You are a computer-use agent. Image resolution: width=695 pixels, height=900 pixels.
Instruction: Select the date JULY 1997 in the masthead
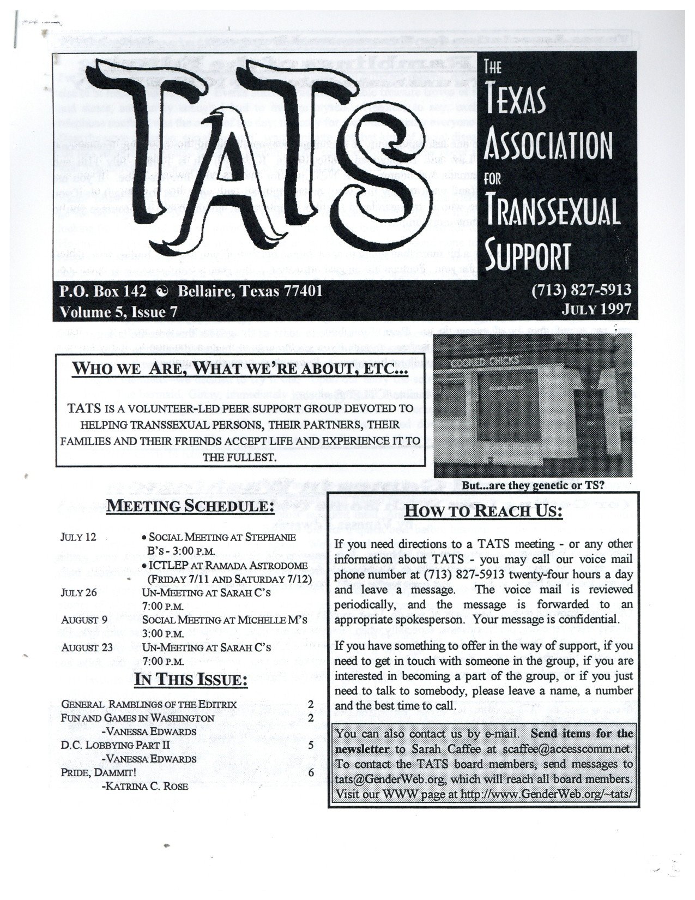coord(597,310)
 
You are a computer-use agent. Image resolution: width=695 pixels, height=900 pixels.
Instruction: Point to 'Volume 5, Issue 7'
coord(119,311)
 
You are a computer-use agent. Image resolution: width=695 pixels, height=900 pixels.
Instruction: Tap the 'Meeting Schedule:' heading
coord(190,506)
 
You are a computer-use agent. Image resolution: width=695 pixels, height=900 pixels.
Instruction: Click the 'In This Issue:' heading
coord(191,681)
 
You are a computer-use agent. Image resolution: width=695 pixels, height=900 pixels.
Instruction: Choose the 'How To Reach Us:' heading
coord(484,511)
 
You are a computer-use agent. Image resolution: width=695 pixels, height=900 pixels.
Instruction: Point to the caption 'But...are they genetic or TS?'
coord(533,484)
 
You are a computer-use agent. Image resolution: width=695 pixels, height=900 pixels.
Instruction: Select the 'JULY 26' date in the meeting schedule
coord(78,592)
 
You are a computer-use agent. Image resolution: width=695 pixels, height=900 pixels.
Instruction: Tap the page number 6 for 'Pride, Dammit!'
coord(311,773)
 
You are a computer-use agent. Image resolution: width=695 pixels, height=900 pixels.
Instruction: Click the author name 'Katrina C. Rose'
coord(144,787)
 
